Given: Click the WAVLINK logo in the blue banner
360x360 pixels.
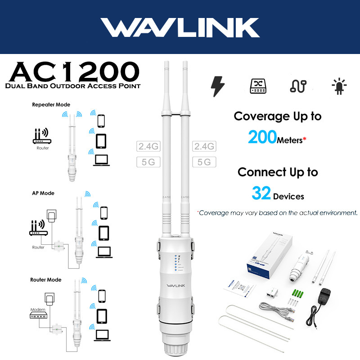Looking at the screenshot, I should (x=180, y=27).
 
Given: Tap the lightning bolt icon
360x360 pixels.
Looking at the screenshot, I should (x=218, y=86).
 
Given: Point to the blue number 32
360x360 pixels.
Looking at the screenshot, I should (x=261, y=194).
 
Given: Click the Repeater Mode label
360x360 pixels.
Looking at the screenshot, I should (x=51, y=105).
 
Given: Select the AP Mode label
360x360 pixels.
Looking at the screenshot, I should (x=43, y=193).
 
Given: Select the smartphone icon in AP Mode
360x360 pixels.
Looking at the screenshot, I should (x=104, y=212).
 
